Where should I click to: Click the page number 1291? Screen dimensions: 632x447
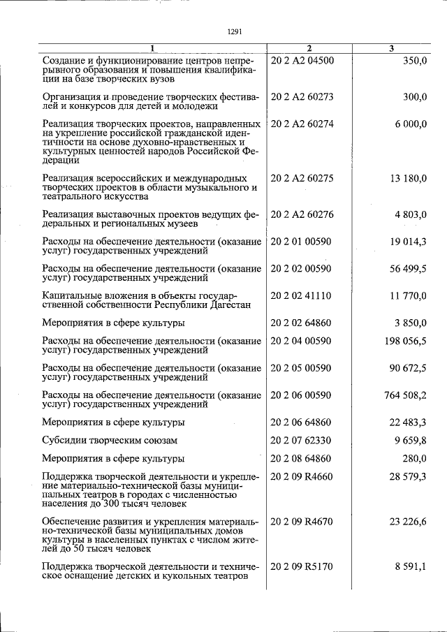pos(235,30)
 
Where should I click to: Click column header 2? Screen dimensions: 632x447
pos(308,47)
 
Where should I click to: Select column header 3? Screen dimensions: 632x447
pos(391,47)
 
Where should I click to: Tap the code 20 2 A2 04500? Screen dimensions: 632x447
pos(302,60)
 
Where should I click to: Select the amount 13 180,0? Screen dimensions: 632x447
pos(404,178)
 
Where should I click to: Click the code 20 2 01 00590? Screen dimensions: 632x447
pos(301,242)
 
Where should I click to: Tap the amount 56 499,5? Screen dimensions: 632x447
pos(405,269)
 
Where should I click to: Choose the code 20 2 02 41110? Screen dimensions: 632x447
pos(301,296)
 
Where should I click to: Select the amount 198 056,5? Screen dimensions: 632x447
pos(403,341)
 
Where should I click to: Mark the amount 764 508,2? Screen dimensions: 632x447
pos(403,395)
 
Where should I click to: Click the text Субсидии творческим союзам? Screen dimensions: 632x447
pos(110,441)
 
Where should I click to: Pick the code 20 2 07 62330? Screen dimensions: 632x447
pos(301,441)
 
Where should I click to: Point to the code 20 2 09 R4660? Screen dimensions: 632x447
pos(302,476)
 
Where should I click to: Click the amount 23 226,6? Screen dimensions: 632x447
pos(405,522)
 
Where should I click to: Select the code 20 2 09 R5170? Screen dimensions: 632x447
pos(302,567)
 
